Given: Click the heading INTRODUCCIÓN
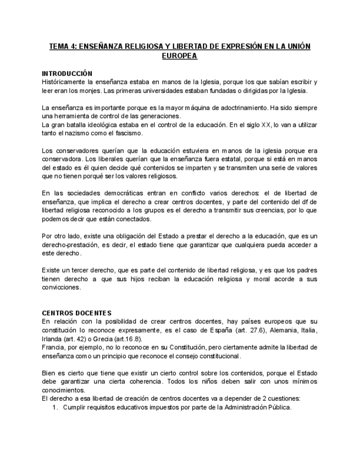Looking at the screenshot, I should tap(67, 73).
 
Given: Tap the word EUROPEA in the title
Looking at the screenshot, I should tap(180, 56).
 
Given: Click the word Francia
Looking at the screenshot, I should tap(54, 347).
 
